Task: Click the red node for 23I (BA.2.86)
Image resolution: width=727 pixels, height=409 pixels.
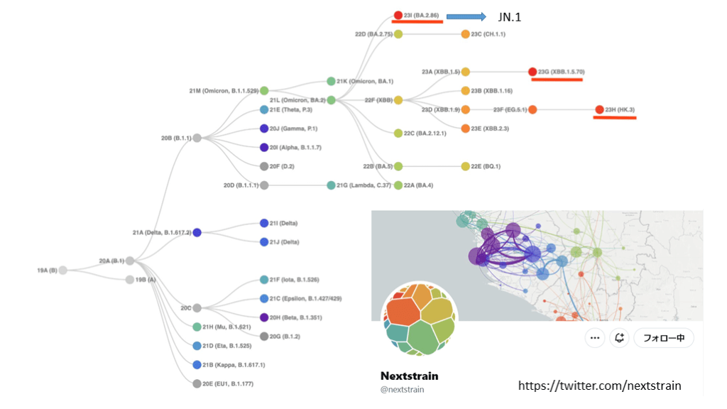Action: click(398, 15)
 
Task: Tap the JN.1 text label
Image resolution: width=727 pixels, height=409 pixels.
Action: click(510, 17)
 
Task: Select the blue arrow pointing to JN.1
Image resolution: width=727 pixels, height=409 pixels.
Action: click(466, 16)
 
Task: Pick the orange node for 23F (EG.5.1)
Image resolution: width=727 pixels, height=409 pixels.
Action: click(532, 109)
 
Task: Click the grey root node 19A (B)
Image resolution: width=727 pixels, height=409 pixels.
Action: click(63, 270)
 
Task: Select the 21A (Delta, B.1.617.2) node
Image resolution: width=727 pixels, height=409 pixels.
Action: click(197, 232)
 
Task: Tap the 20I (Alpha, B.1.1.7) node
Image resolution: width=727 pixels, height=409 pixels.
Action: click(264, 148)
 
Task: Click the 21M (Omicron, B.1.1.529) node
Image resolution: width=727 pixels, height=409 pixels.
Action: click(264, 91)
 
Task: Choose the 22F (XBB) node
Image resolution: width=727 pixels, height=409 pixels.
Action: click(398, 100)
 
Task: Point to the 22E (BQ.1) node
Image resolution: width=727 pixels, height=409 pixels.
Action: click(466, 166)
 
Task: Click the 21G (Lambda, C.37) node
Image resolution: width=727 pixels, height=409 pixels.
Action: click(331, 185)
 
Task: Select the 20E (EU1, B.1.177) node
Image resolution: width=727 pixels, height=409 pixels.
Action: click(197, 383)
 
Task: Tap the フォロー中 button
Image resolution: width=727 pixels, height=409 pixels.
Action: click(664, 338)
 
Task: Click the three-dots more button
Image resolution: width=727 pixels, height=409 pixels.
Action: click(595, 338)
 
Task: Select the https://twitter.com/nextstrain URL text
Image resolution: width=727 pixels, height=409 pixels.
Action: click(599, 386)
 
